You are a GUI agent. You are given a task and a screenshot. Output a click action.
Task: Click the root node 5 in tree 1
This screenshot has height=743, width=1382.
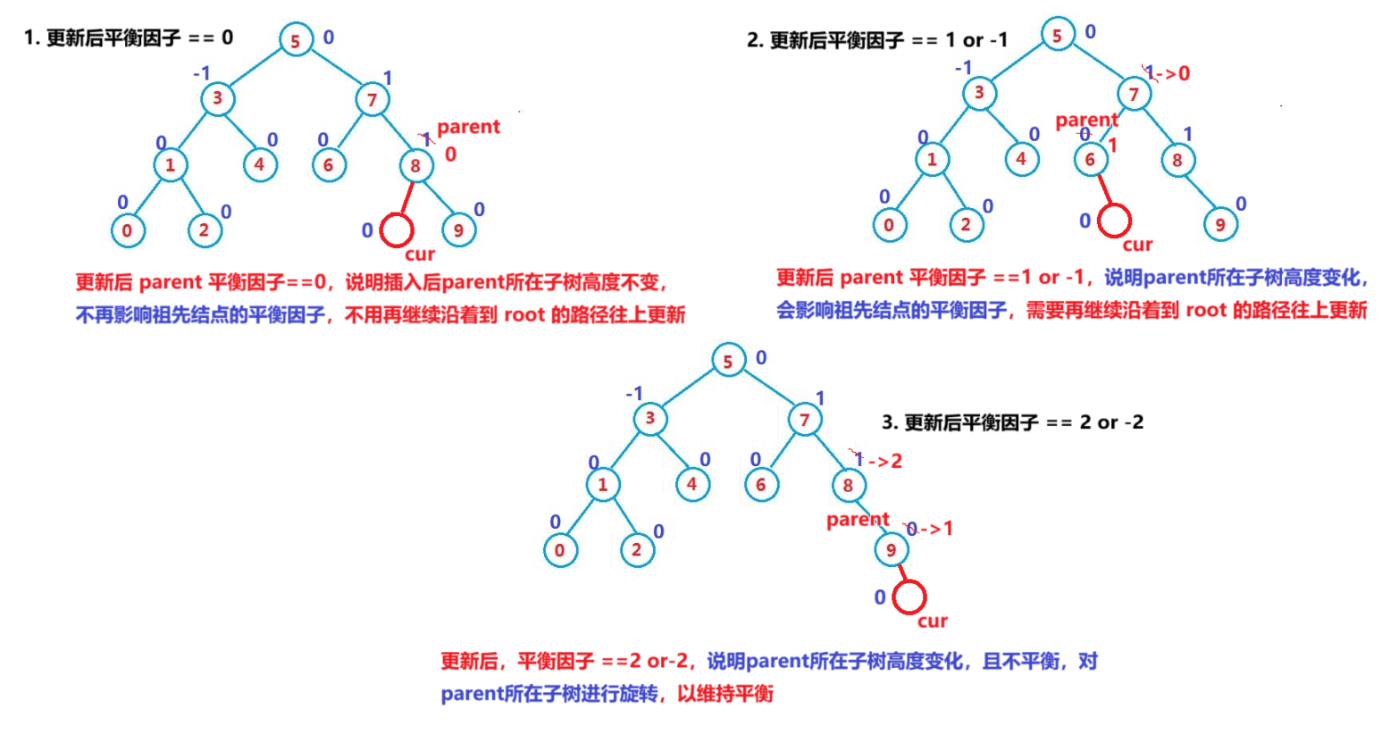[x=295, y=39]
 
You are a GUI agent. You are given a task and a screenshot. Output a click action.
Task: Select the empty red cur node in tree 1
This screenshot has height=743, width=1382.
[x=396, y=230]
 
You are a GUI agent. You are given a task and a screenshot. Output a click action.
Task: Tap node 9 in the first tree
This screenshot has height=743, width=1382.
[x=458, y=230]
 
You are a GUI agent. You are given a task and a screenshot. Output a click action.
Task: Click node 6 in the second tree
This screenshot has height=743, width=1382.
[x=1090, y=160]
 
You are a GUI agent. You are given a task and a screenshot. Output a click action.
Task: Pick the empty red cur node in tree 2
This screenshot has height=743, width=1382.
[x=1114, y=220]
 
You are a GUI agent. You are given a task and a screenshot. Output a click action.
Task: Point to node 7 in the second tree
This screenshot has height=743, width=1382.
[x=1134, y=94]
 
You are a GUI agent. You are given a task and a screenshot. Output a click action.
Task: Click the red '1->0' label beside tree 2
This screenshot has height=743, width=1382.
[x=1168, y=73]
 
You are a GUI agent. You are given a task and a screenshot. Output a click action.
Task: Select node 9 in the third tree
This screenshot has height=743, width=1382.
[x=891, y=550]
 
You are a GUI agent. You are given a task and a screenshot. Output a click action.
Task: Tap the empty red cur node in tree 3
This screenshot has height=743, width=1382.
[x=909, y=597]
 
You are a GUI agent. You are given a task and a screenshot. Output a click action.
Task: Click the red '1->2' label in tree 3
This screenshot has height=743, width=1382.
[x=877, y=461]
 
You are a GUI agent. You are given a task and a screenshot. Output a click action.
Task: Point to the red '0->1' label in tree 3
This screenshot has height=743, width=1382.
[x=929, y=529]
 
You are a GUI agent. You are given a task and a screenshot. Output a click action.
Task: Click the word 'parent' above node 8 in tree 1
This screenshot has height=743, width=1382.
[x=468, y=127]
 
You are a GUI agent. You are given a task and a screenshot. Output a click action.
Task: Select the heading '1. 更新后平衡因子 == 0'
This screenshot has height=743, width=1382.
[x=129, y=38]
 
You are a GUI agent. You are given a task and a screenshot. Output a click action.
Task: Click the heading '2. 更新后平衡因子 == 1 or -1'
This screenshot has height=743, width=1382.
[x=877, y=40]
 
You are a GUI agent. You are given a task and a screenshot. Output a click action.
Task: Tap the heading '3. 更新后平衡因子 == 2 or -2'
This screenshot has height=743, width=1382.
[x=1012, y=422]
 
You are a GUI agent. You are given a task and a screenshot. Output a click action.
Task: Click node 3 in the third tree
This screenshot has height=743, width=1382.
[x=649, y=418]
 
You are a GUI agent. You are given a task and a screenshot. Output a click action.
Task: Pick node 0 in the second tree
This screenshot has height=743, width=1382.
[x=888, y=225]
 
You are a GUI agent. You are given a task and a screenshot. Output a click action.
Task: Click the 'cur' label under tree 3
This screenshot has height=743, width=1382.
[x=932, y=622]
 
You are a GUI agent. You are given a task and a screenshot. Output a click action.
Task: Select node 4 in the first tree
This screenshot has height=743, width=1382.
[x=259, y=164]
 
